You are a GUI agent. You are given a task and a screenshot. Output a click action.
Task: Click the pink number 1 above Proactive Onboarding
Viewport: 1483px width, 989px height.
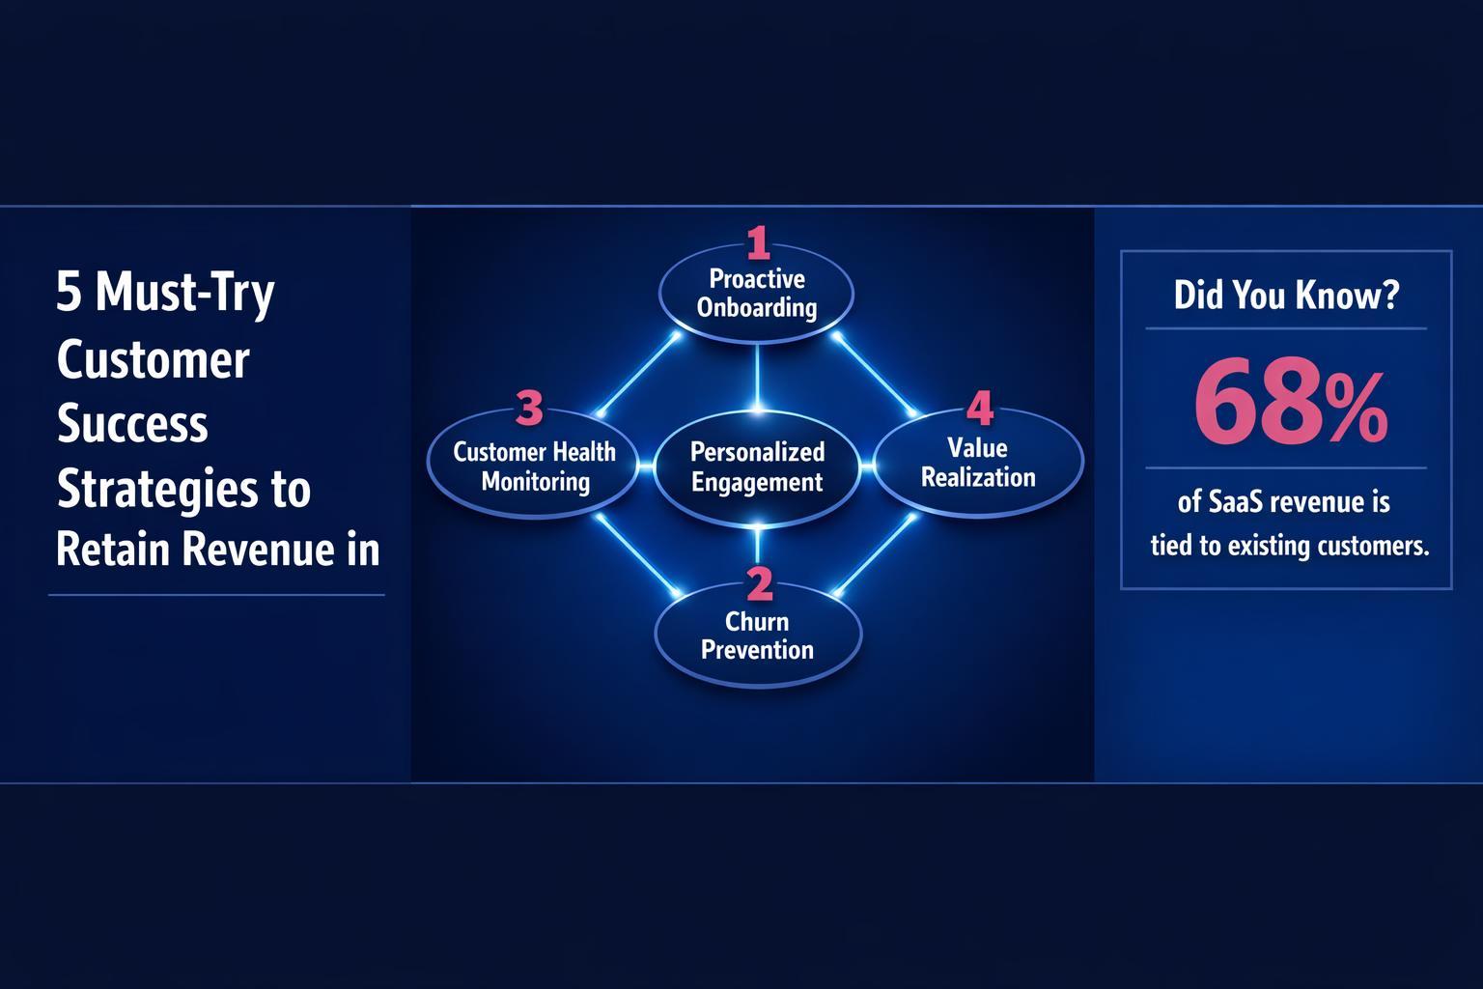(x=759, y=242)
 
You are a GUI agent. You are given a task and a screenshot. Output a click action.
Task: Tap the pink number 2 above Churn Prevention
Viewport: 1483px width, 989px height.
(x=760, y=584)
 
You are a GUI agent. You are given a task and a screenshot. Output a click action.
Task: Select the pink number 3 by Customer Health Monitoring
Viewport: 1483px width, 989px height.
(x=529, y=409)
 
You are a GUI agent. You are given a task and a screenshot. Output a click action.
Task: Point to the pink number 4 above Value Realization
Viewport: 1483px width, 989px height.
(x=979, y=409)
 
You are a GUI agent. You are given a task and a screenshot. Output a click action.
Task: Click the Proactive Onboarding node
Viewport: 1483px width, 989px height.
(x=757, y=294)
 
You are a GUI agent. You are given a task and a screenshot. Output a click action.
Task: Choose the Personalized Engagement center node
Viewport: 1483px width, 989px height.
(x=757, y=467)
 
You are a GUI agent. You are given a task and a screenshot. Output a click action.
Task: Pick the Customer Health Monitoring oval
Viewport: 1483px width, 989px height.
(x=534, y=466)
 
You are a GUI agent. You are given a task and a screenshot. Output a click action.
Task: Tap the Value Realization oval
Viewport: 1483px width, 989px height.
(x=978, y=463)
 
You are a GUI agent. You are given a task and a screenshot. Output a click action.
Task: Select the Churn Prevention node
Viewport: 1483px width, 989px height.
(x=757, y=636)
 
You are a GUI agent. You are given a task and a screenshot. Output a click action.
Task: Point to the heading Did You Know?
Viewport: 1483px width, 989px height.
(x=1285, y=296)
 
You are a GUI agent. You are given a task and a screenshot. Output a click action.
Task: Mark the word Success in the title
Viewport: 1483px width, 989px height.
(x=132, y=424)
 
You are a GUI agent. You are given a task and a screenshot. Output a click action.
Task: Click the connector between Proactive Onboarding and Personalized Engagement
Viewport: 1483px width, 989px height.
(x=757, y=377)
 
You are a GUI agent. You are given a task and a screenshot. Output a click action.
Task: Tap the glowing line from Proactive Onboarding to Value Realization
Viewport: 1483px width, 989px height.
(x=877, y=377)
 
